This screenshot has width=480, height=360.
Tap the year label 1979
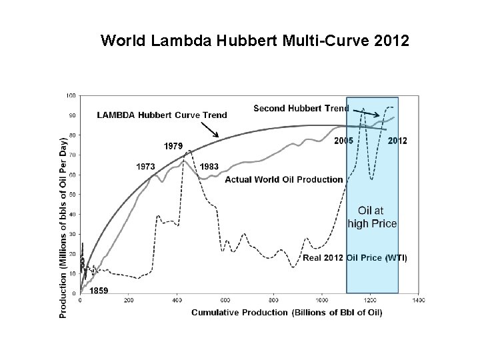[x=175, y=145]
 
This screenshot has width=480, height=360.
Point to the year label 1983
[x=209, y=166]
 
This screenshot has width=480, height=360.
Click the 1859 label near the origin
[x=99, y=290]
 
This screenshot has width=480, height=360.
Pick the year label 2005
[x=344, y=141]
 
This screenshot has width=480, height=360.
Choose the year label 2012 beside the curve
[x=397, y=141]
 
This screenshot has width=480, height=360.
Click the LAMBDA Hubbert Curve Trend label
[x=162, y=115]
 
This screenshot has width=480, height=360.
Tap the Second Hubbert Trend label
[x=301, y=108]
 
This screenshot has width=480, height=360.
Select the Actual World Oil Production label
[x=284, y=179]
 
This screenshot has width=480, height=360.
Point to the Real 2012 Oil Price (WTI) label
[x=355, y=257]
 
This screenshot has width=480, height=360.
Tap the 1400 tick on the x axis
[x=418, y=301]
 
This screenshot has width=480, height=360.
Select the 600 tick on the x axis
[x=225, y=301]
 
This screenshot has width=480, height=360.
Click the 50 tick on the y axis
[x=72, y=194]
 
